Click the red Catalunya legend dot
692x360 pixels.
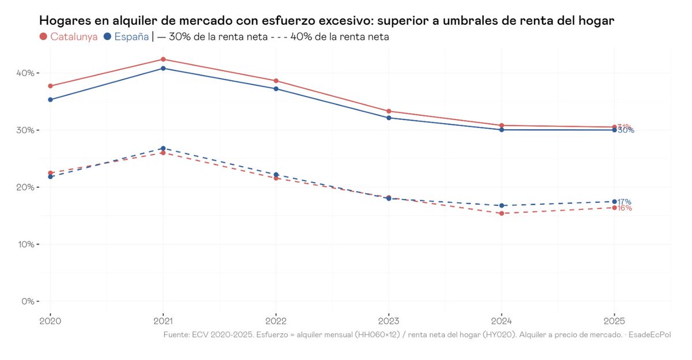[x=43, y=37]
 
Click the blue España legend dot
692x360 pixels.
[x=108, y=37]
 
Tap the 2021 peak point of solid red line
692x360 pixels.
[x=163, y=59]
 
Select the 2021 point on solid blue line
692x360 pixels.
[x=163, y=68]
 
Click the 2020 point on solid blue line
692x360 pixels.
[x=50, y=100]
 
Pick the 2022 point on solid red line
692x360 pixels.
[x=276, y=81]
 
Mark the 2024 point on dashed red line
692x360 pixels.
[x=502, y=213]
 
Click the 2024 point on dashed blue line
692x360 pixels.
[x=502, y=205]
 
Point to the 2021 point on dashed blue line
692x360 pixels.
[x=163, y=148]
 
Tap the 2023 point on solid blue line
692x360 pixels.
[x=389, y=118]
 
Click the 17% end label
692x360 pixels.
[x=625, y=202]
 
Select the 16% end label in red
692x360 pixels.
[x=625, y=208]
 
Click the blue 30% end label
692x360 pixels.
[x=626, y=130]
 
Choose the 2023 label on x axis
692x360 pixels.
[x=389, y=320]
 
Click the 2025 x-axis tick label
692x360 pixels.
[x=614, y=320]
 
